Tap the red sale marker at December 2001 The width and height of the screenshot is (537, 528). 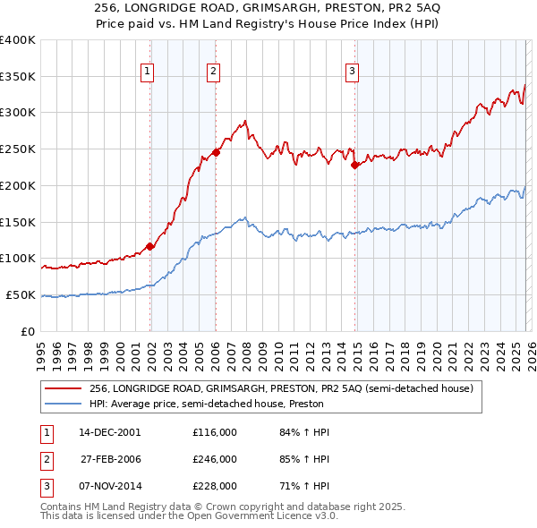tap(149, 247)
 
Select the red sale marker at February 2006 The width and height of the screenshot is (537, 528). tap(216, 152)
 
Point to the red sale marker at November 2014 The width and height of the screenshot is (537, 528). tap(354, 165)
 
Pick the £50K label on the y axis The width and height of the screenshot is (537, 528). tap(20, 294)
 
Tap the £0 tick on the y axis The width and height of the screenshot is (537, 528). tap(28, 331)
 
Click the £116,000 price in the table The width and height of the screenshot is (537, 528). tap(214, 432)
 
